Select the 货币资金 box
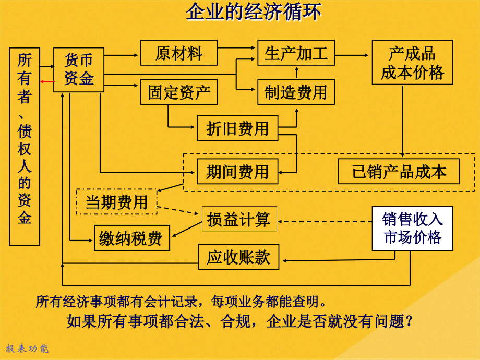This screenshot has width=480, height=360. [x=79, y=69]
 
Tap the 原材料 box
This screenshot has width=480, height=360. [x=178, y=53]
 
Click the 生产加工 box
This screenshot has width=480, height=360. [x=296, y=53]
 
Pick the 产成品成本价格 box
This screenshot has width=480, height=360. [x=412, y=63]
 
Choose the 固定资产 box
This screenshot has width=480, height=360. [x=178, y=93]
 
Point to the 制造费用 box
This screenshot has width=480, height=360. [x=296, y=93]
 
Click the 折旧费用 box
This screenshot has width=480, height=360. [x=237, y=128]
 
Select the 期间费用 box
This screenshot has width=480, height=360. [x=237, y=171]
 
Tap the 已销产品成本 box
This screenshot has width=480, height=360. [x=399, y=172]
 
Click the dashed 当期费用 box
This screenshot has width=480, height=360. [x=116, y=201]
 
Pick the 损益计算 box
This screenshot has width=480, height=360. [x=239, y=219]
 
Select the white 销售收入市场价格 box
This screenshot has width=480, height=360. [x=412, y=229]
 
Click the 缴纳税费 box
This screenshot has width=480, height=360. [x=131, y=238]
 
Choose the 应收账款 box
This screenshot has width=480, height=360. [x=238, y=257]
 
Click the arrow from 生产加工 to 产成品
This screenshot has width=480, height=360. [x=352, y=54]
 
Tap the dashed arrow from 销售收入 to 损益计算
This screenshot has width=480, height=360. [x=323, y=220]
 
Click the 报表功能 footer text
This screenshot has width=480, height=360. [x=27, y=349]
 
